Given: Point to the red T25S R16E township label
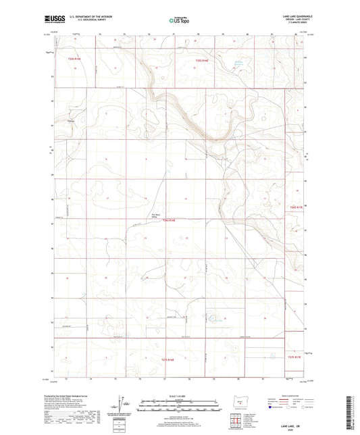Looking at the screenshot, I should coord(194,60).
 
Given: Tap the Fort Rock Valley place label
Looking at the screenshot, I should coord(154,216).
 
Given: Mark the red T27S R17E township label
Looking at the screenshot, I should coord(297,357).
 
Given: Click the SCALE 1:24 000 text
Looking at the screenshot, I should coord(178,395).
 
